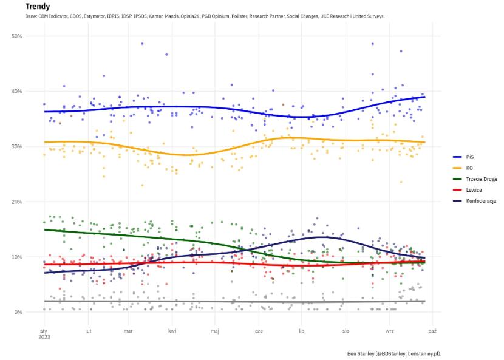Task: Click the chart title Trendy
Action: click(x=38, y=6)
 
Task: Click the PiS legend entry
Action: click(x=470, y=157)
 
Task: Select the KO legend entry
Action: click(x=469, y=168)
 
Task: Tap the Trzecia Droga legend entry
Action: click(x=480, y=178)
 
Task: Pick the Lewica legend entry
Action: click(x=474, y=189)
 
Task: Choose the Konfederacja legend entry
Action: click(x=481, y=200)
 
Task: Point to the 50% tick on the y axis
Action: click(x=17, y=36)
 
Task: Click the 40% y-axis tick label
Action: click(x=17, y=92)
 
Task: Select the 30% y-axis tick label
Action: click(x=17, y=147)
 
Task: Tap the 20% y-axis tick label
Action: click(x=17, y=202)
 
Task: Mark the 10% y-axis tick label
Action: click(x=17, y=257)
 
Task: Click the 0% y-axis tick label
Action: click(x=18, y=313)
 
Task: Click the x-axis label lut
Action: click(x=88, y=331)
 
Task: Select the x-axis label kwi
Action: click(x=172, y=331)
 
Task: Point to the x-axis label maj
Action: click(x=215, y=331)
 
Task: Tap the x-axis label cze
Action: click(x=259, y=331)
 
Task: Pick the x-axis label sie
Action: click(x=346, y=331)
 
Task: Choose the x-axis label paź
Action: click(x=432, y=331)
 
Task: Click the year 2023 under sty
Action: click(x=44, y=338)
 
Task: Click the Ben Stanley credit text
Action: click(x=393, y=353)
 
